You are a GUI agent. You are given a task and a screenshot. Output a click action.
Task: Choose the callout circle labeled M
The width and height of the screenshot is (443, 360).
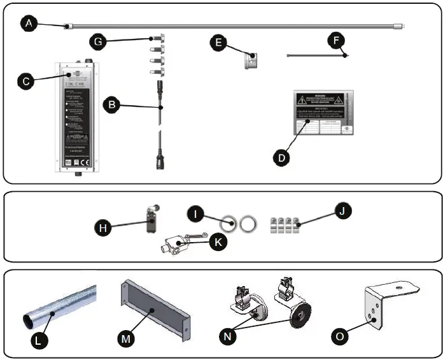tap(126, 338)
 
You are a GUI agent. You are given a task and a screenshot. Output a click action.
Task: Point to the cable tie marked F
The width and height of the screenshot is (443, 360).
tap(315, 56)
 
